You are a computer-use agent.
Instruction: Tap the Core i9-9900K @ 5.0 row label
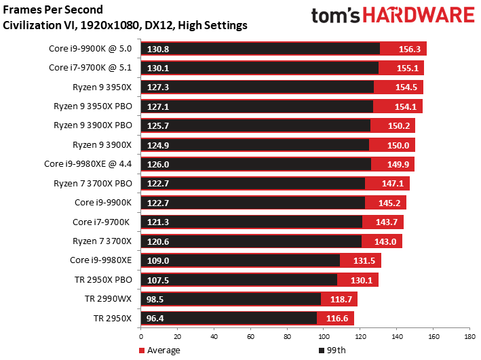(92, 49)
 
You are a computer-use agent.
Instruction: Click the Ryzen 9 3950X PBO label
(93, 106)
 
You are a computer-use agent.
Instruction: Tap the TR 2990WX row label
(109, 298)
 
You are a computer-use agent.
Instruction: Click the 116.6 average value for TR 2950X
(339, 318)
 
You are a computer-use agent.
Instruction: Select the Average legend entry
(160, 351)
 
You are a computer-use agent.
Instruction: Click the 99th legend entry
(332, 351)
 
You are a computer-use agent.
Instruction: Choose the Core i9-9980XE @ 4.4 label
(92, 164)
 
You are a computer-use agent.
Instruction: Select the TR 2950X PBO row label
(103, 279)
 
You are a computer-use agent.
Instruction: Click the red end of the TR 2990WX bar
(339, 299)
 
